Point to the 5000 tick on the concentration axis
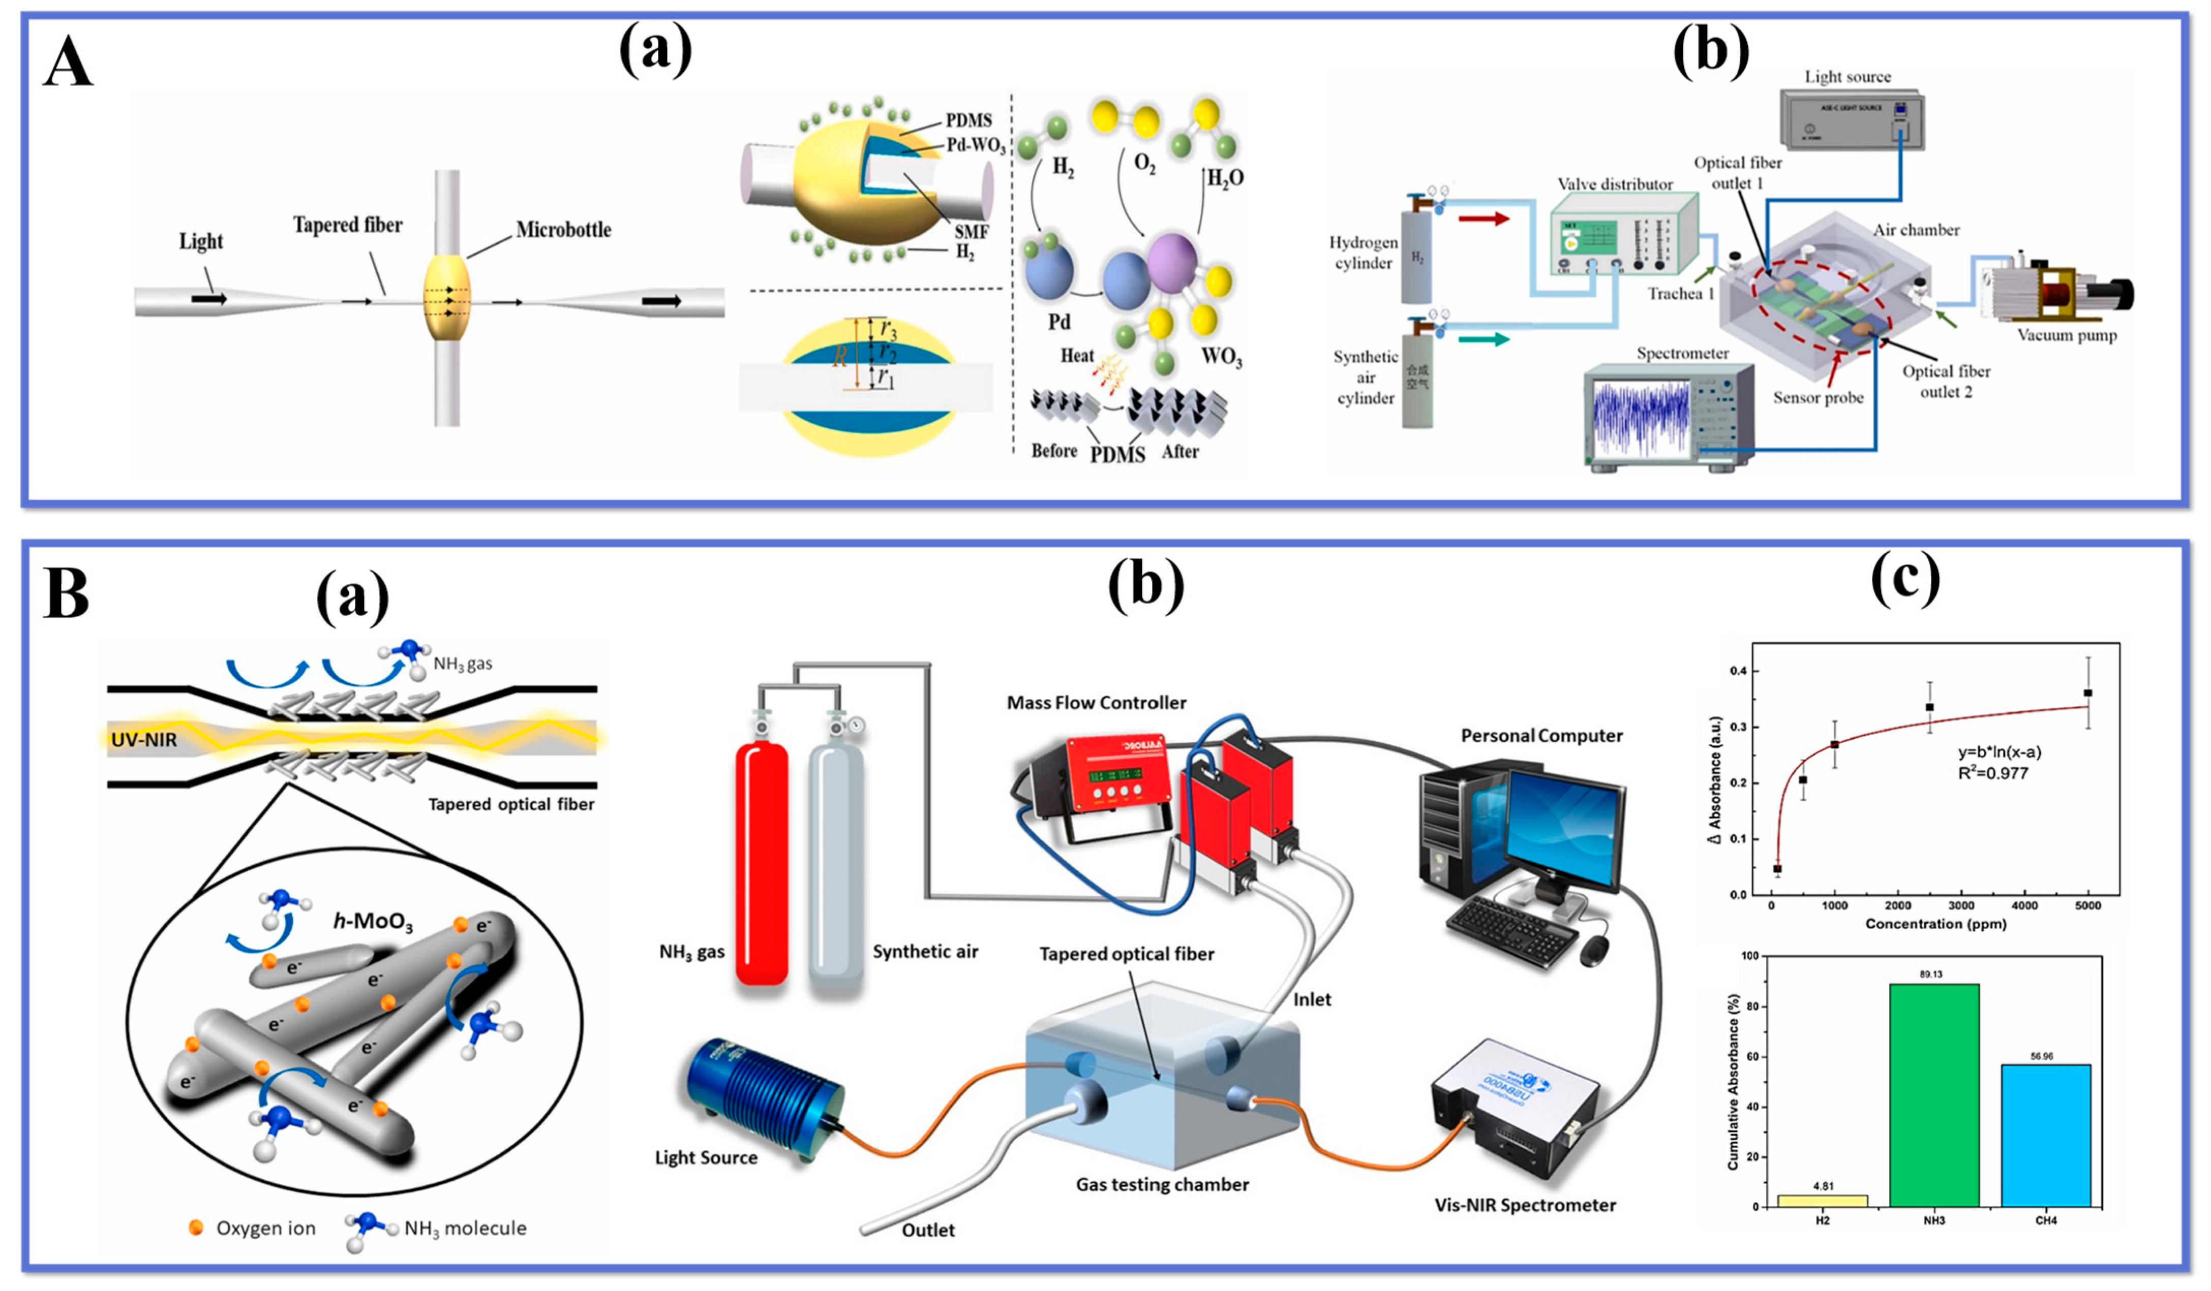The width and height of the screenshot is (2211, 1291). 2087,906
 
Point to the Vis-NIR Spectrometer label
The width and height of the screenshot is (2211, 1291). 1525,1205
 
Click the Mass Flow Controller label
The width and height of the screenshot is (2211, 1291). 1096,703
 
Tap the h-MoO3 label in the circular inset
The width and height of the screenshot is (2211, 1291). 373,921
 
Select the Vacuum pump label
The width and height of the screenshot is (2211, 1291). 2066,335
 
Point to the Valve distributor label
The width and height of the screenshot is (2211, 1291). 1614,184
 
